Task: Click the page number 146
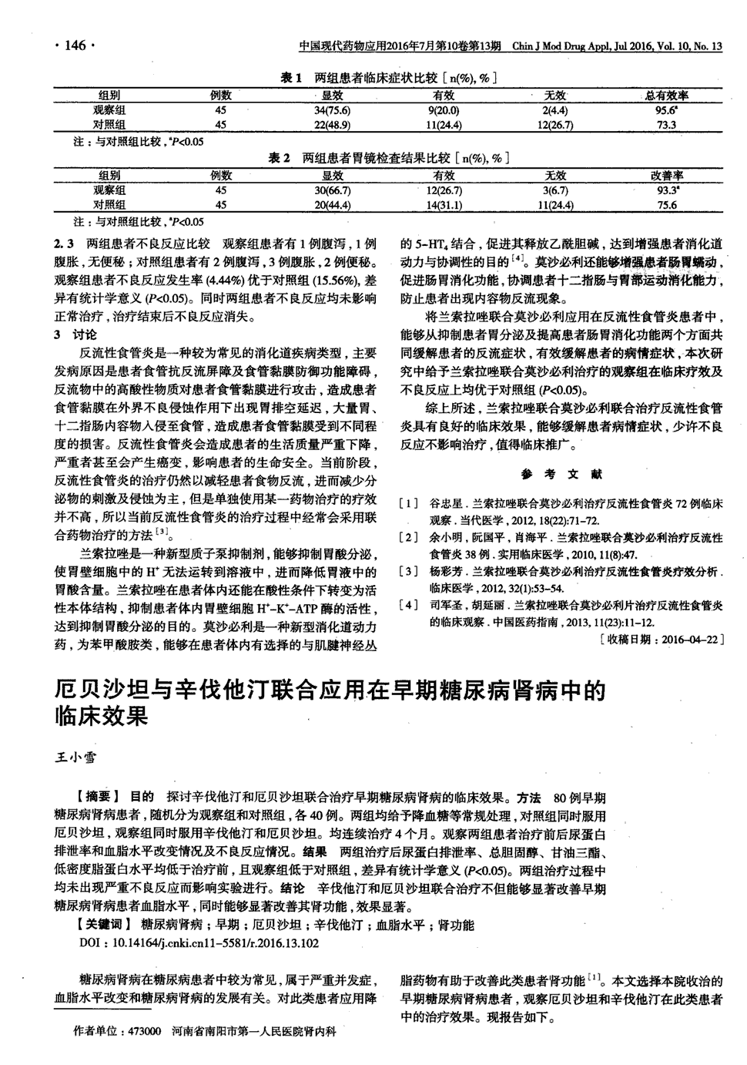coord(75,45)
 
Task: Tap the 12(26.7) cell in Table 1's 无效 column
coord(555,124)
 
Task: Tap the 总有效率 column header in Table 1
coord(666,96)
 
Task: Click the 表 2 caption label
coord(278,158)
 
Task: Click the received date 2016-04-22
coord(661,640)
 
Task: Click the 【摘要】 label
coord(98,797)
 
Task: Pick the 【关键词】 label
coord(106,925)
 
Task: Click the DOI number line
coord(199,942)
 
